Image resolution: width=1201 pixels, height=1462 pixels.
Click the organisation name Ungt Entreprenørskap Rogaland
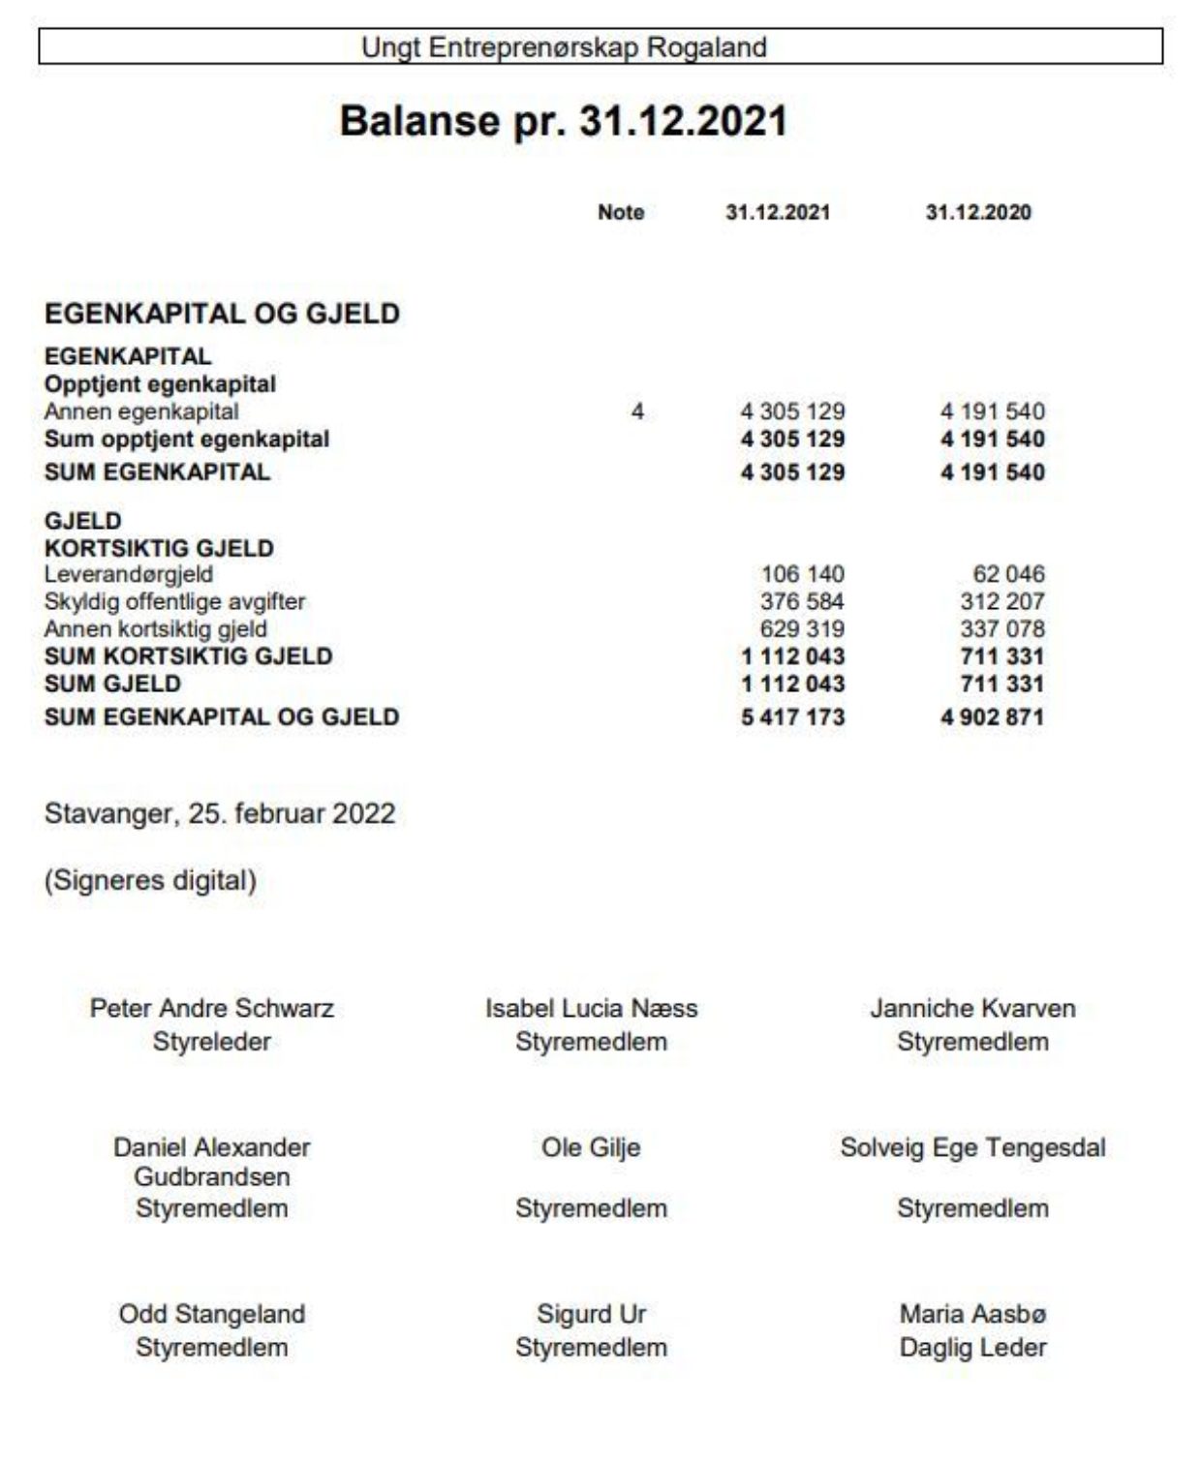[564, 47]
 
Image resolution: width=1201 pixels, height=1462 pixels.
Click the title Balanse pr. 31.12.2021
[563, 122]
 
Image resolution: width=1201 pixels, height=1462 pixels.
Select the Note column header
[621, 213]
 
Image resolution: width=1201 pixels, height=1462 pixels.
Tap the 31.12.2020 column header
[978, 213]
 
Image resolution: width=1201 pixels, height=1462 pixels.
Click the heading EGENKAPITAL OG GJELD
[222, 314]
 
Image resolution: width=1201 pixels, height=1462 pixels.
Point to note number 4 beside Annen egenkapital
[637, 412]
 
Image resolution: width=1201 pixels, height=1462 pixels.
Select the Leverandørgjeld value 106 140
[802, 574]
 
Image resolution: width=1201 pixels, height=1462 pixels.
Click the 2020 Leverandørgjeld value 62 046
[1008, 574]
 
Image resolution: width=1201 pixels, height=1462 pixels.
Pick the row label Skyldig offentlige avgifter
[174, 601]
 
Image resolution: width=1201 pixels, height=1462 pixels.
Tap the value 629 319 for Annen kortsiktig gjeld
[802, 628]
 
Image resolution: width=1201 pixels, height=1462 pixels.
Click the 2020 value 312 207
[1002, 601]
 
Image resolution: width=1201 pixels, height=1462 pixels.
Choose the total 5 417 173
[792, 717]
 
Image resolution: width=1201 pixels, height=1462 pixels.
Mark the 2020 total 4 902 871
[992, 717]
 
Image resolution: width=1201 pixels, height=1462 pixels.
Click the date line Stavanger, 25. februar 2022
[220, 813]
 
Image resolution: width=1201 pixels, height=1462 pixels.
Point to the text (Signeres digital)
[150, 881]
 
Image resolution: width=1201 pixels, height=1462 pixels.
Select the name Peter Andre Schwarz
[211, 1009]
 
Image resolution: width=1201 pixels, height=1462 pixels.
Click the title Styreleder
[211, 1042]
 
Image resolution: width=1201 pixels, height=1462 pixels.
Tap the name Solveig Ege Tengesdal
[972, 1148]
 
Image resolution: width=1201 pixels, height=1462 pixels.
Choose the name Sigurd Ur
[591, 1315]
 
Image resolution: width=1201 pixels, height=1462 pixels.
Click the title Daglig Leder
[972, 1348]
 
